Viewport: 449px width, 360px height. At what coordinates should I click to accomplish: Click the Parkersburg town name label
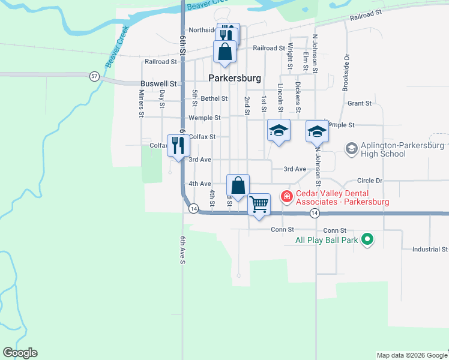click(x=235, y=78)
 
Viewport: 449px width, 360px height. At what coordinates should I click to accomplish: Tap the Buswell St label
click(x=159, y=84)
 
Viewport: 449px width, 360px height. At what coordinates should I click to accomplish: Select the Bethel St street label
click(x=214, y=98)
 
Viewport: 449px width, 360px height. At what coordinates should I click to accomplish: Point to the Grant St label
click(x=360, y=103)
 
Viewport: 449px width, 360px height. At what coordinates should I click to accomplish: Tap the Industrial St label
click(x=430, y=249)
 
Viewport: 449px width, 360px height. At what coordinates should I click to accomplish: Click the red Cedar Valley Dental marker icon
click(x=287, y=196)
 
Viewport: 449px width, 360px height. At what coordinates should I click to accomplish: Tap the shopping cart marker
click(x=259, y=204)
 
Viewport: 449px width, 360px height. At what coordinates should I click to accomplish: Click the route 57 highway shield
click(x=94, y=76)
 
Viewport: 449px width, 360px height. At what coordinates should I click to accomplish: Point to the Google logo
click(x=20, y=353)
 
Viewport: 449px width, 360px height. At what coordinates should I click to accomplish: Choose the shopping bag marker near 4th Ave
click(x=238, y=185)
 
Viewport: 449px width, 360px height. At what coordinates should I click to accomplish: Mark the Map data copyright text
click(x=412, y=355)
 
